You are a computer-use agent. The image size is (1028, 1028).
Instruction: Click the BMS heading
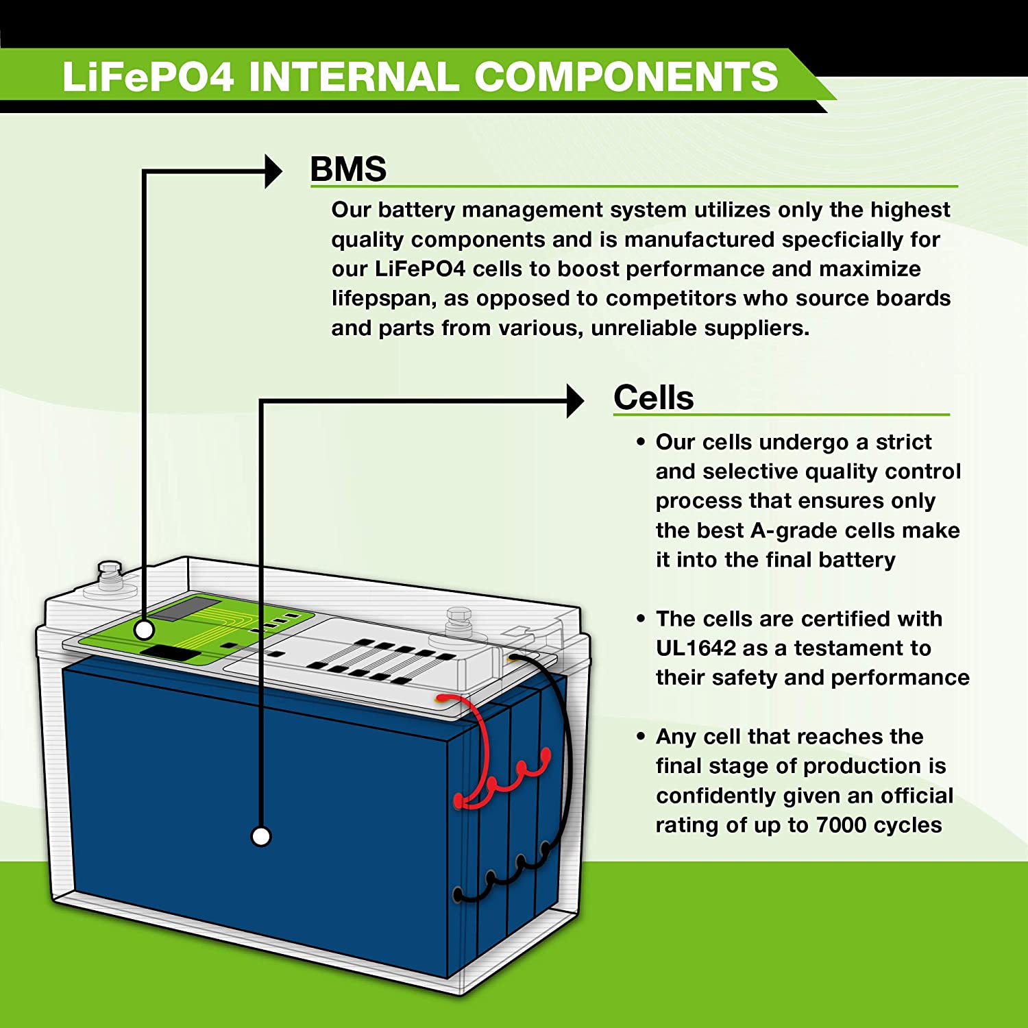click(x=348, y=169)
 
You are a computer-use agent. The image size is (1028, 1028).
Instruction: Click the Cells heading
click(x=653, y=397)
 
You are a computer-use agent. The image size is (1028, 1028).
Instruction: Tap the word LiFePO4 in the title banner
click(x=148, y=76)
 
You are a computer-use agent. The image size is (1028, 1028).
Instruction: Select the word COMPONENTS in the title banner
click(x=626, y=76)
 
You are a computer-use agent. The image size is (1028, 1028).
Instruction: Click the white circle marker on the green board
click(x=144, y=629)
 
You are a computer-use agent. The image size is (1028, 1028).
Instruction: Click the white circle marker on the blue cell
click(x=261, y=836)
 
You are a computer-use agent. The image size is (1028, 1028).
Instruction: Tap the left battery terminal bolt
click(x=109, y=575)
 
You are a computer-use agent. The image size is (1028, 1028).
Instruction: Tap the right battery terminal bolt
click(x=458, y=621)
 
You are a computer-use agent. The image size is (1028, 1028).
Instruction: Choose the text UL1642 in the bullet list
click(x=696, y=648)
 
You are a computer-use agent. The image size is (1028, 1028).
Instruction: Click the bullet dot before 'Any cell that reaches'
click(x=641, y=737)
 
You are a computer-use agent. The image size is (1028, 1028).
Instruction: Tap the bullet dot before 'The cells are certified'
click(x=641, y=619)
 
